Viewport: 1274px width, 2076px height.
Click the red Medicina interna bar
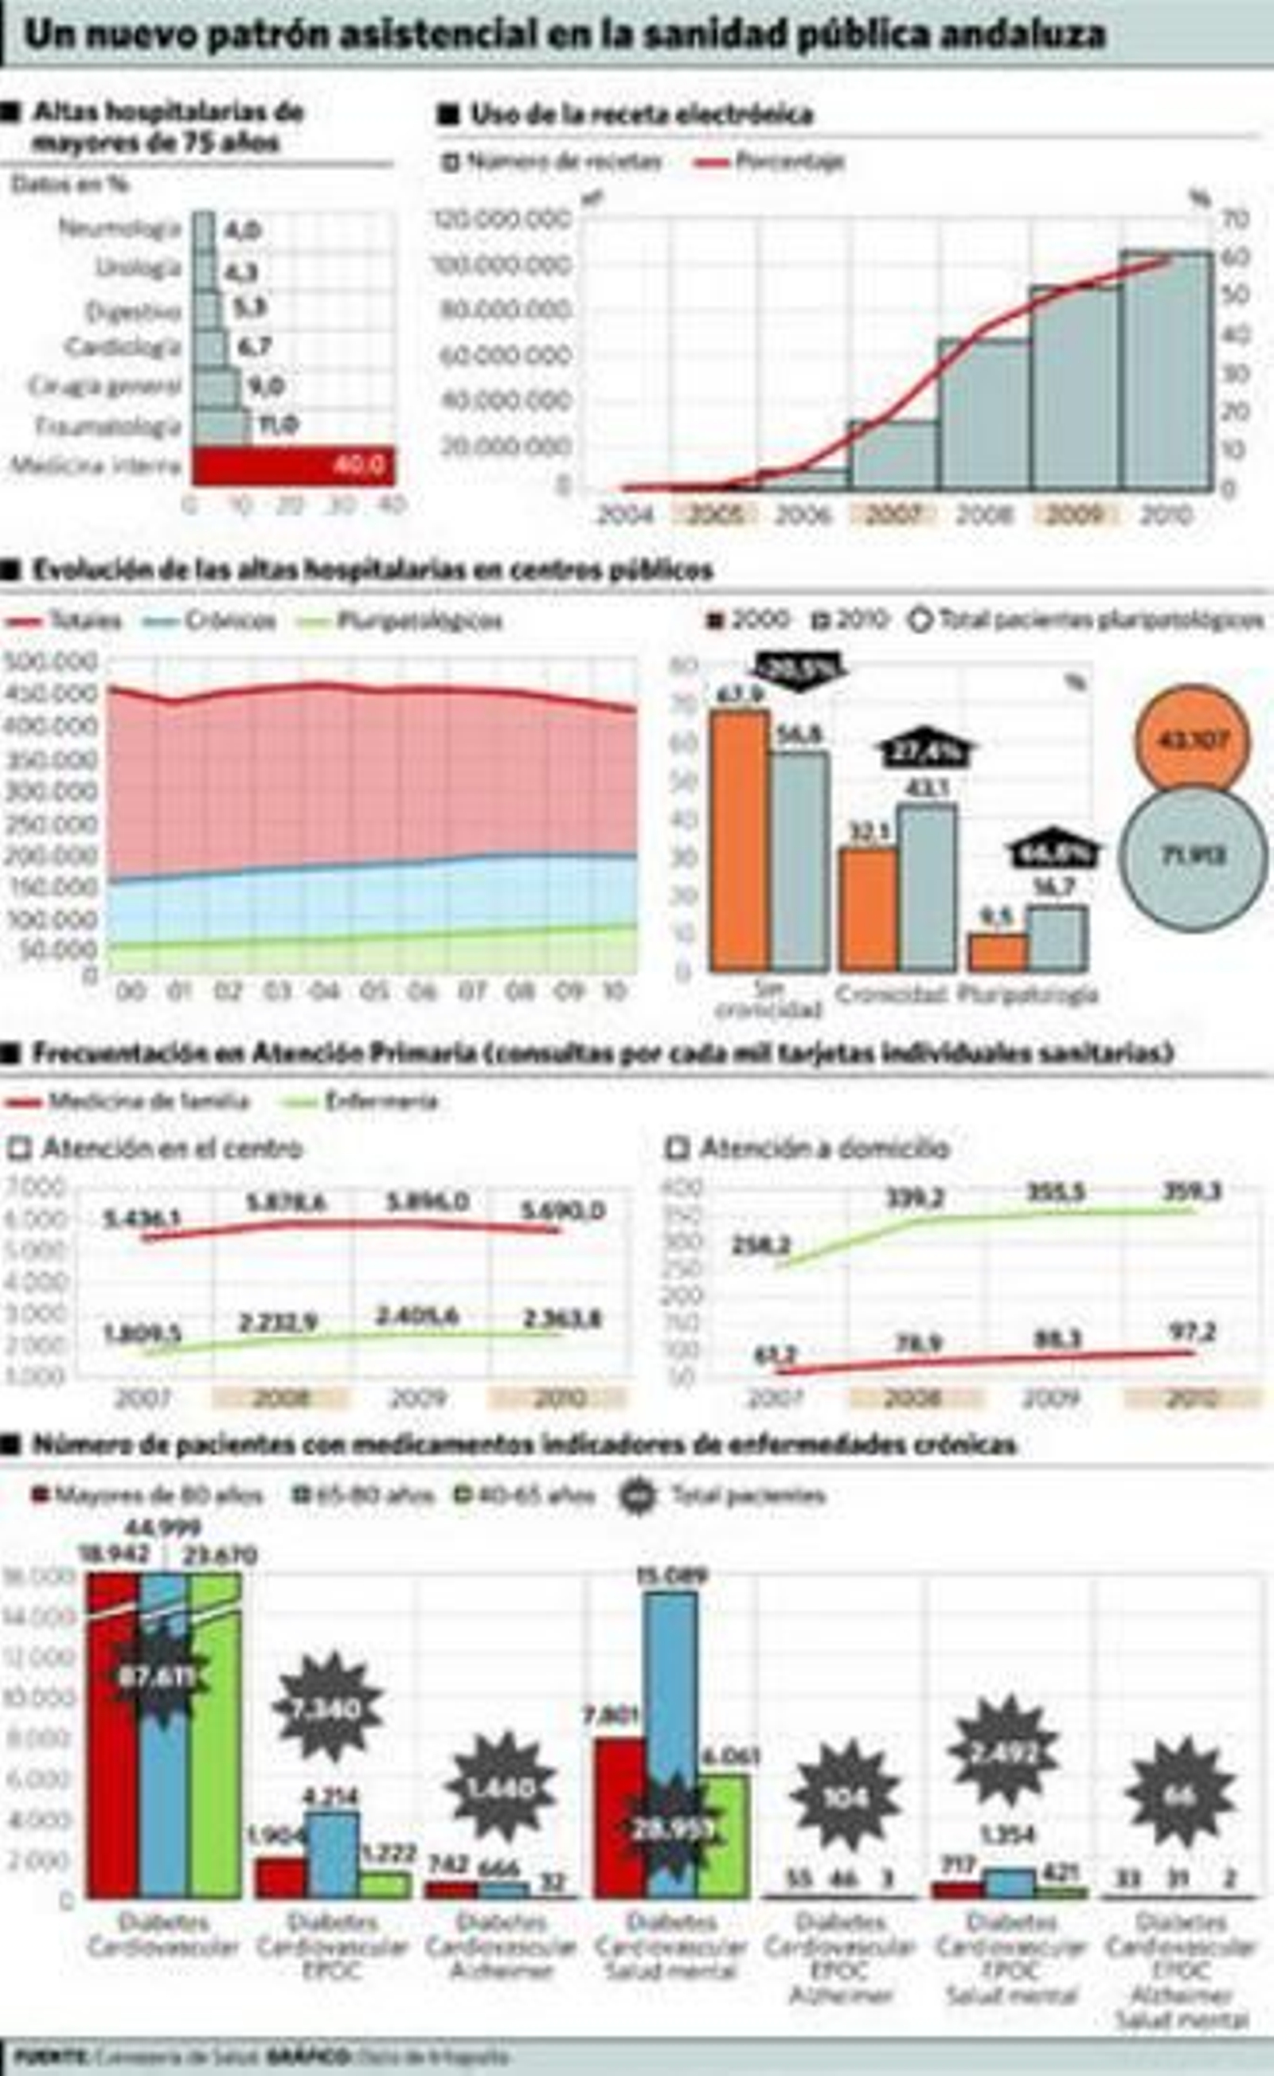292,466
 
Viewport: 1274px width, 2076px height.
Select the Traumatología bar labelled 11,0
221,427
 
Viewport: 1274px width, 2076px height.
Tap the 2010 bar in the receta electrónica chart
1167,371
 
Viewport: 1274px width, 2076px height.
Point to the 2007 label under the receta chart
893,514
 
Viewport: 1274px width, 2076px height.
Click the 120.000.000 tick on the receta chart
502,220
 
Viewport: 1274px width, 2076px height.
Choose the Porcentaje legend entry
771,162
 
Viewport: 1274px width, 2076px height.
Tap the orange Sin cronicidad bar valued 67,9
739,840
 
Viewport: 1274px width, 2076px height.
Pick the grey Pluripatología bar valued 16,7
1057,938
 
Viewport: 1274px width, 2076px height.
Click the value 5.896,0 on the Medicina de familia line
428,1200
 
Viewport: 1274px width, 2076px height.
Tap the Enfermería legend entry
363,1101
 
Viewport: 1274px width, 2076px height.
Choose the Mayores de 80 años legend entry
148,1497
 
